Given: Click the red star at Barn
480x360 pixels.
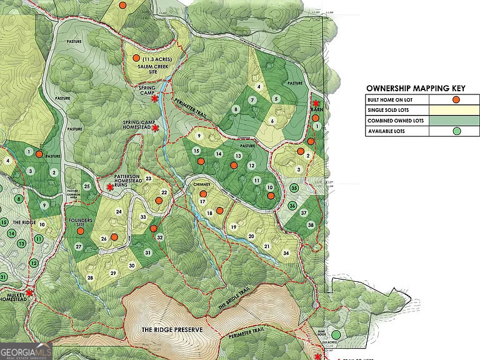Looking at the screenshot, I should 316,103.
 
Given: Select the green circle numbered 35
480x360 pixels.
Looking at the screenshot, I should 294,188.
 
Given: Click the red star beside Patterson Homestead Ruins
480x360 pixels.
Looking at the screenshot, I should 110,186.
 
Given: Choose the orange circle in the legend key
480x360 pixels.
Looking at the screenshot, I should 456,99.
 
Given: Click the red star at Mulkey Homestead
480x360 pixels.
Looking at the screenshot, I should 29,292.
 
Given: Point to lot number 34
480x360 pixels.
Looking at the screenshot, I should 286,253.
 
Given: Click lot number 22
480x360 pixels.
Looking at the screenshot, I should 164,192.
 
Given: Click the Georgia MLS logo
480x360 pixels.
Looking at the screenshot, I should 26,352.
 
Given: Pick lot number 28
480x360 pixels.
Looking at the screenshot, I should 90,277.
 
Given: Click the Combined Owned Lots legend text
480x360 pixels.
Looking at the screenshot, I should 397,121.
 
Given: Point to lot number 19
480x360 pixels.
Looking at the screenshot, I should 233,227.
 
